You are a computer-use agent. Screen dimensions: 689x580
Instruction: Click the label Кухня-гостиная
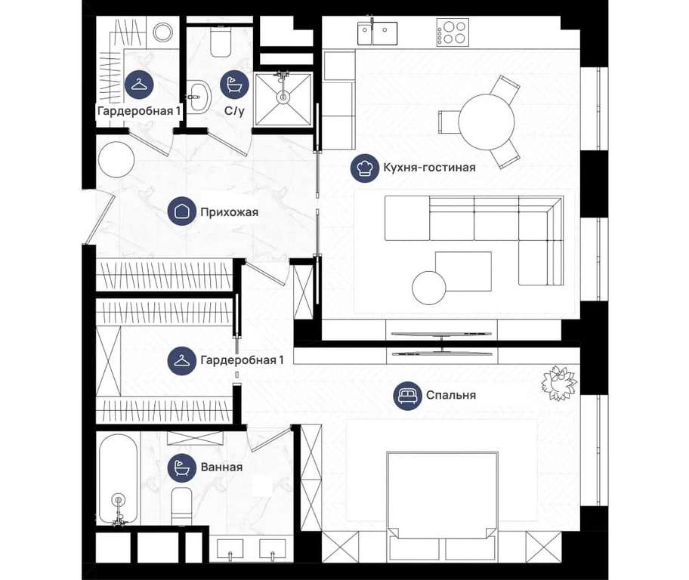(429, 168)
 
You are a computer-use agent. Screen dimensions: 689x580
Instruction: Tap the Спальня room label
(451, 394)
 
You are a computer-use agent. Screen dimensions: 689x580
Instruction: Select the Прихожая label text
(230, 212)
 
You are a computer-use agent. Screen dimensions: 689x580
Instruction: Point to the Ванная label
(221, 467)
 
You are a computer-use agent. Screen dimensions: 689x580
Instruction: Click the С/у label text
(234, 111)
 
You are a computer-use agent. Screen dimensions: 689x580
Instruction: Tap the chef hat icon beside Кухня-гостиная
(365, 168)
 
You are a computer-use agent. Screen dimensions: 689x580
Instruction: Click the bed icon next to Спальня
(407, 395)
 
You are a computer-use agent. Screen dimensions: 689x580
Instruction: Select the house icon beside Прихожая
(182, 211)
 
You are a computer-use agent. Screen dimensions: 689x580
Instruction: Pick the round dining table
(487, 122)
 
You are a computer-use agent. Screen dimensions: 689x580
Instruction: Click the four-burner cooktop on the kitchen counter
(453, 32)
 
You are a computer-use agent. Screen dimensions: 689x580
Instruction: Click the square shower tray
(283, 98)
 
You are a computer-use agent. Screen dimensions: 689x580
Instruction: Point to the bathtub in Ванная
(117, 479)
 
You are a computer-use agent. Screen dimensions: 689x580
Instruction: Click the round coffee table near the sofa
(429, 288)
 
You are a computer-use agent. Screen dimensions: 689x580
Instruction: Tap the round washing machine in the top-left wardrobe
(163, 32)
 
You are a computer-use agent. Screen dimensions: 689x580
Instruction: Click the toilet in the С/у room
(221, 42)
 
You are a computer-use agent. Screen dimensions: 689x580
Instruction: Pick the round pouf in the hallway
(116, 159)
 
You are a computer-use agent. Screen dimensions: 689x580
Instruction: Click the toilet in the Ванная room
(181, 505)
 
